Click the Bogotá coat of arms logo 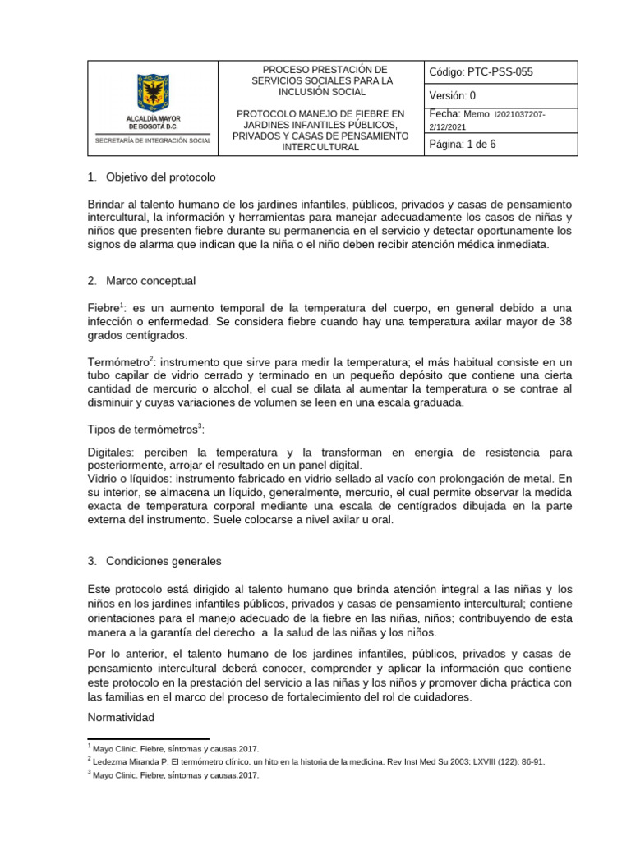(153, 92)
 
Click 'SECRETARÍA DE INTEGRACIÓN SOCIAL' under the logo (153, 141)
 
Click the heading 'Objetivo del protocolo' (161, 177)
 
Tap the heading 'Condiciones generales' (164, 562)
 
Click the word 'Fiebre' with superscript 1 (102, 306)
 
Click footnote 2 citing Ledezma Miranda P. (315, 761)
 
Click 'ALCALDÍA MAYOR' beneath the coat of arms (153, 119)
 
